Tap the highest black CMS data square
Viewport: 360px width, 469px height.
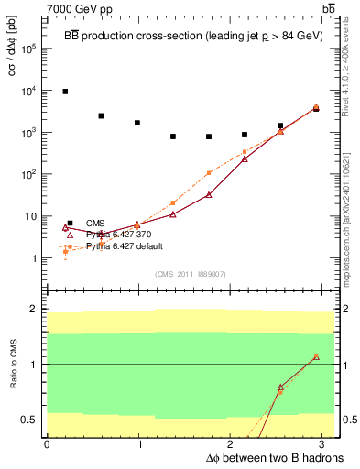click(65, 92)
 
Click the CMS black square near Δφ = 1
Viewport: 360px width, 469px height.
click(137, 123)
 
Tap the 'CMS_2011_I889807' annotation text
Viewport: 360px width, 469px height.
click(190, 274)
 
